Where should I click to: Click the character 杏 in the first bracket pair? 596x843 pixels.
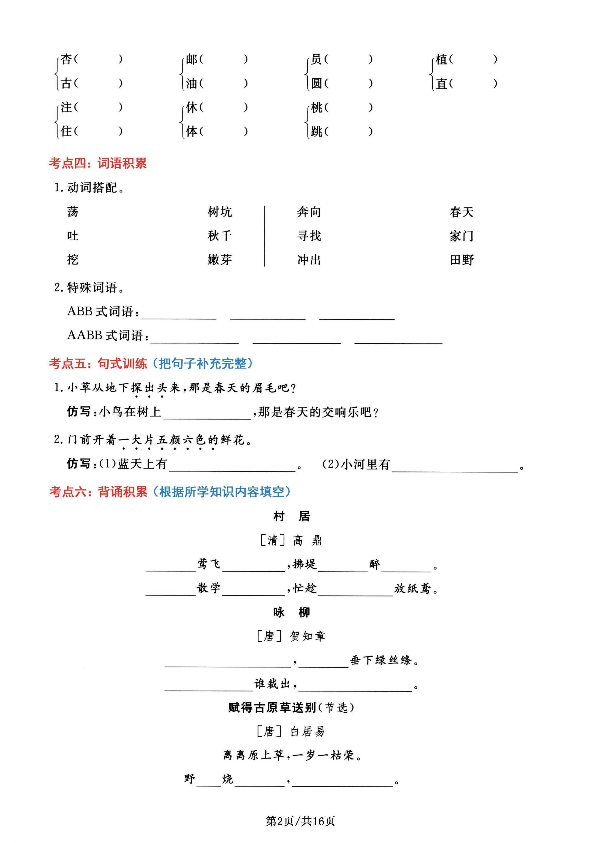click(x=66, y=59)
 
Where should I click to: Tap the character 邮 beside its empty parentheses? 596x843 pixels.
click(x=191, y=59)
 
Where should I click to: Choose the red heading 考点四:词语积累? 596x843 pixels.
click(x=98, y=163)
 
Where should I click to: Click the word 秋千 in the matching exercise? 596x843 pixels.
click(x=220, y=236)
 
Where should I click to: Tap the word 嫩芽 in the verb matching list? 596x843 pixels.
click(x=220, y=260)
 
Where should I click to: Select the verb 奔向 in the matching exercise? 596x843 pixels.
click(x=309, y=212)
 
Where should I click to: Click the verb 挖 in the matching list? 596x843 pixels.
click(x=73, y=260)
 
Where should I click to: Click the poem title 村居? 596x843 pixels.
click(x=291, y=516)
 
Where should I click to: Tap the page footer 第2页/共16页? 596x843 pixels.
click(x=300, y=821)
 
